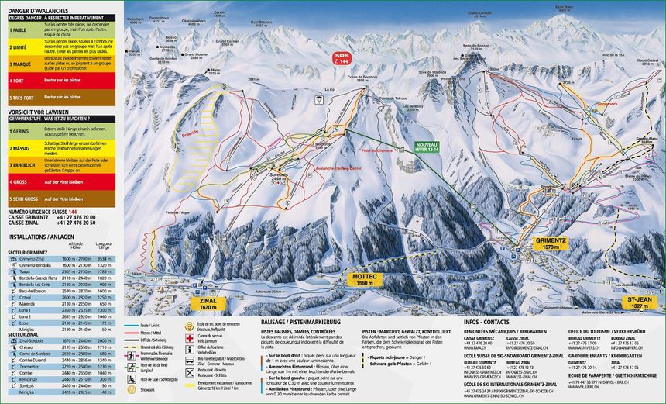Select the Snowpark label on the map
(608, 102)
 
